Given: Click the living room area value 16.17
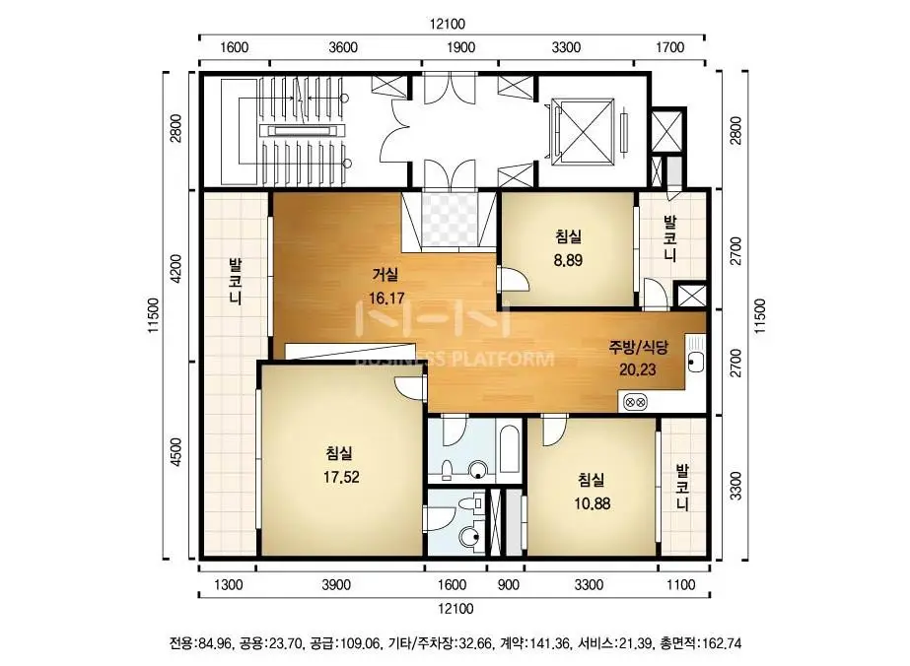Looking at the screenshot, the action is pyautogui.click(x=386, y=299).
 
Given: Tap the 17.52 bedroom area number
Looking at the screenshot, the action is pyautogui.click(x=341, y=477).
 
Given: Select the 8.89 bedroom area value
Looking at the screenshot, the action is pyautogui.click(x=568, y=260).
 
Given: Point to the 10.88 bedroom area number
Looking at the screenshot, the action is pyautogui.click(x=592, y=503).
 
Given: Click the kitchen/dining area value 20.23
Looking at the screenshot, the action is pyautogui.click(x=637, y=369).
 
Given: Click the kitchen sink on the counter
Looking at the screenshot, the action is pyautogui.click(x=695, y=359).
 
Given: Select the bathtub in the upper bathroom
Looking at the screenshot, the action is pyautogui.click(x=509, y=450).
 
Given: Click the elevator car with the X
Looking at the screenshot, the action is pyautogui.click(x=583, y=131).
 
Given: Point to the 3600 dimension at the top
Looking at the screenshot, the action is pyautogui.click(x=343, y=47).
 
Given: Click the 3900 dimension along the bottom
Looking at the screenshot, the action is pyautogui.click(x=336, y=584).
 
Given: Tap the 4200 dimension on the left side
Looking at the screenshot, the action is pyautogui.click(x=175, y=269).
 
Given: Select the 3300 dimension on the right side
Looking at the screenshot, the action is pyautogui.click(x=735, y=486).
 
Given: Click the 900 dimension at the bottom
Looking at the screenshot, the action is pyautogui.click(x=509, y=584).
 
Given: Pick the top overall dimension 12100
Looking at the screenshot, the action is pyautogui.click(x=448, y=24).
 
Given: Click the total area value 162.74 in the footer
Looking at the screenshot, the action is pyautogui.click(x=722, y=643).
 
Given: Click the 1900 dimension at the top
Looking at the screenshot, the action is pyautogui.click(x=460, y=47).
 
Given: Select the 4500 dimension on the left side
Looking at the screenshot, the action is pyautogui.click(x=175, y=452).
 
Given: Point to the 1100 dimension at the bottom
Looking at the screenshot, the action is pyautogui.click(x=680, y=584).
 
